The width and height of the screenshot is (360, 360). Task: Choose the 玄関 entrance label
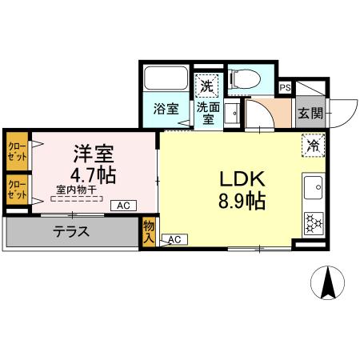point(311,114)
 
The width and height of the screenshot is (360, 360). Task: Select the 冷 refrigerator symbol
point(313,146)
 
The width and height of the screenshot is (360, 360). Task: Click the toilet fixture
point(245,78)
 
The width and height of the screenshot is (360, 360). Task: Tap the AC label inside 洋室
point(123,206)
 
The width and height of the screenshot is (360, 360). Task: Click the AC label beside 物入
point(176,239)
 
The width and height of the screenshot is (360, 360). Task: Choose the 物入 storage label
point(150,233)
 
